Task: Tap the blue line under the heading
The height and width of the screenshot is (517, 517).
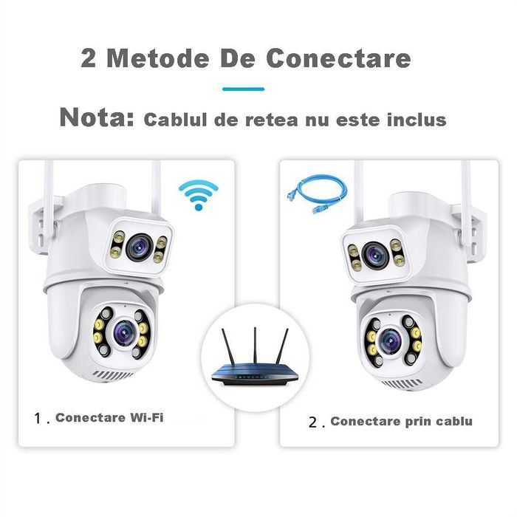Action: click(243, 89)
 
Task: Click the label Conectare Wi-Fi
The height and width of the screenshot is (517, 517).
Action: click(109, 417)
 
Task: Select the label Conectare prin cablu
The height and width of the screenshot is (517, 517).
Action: click(401, 422)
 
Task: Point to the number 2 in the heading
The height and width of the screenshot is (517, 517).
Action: click(89, 59)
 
